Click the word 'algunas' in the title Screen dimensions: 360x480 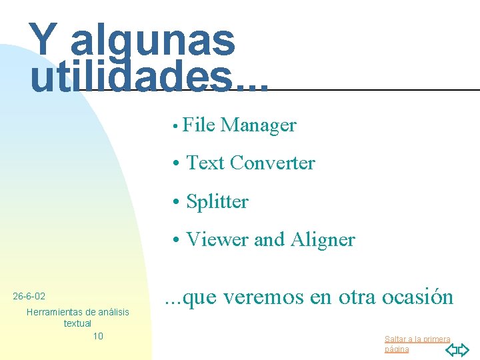153,41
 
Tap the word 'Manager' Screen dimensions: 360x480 259,125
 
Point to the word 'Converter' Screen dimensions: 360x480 272,163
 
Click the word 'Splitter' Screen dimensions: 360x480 217,201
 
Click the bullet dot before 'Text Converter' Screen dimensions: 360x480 175,163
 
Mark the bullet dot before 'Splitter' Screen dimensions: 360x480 175,202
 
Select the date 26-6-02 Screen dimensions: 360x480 29,295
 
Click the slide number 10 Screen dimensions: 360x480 98,336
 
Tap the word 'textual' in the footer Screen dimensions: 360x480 77,323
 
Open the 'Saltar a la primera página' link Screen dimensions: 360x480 417,343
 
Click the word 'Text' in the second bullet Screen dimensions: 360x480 205,163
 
